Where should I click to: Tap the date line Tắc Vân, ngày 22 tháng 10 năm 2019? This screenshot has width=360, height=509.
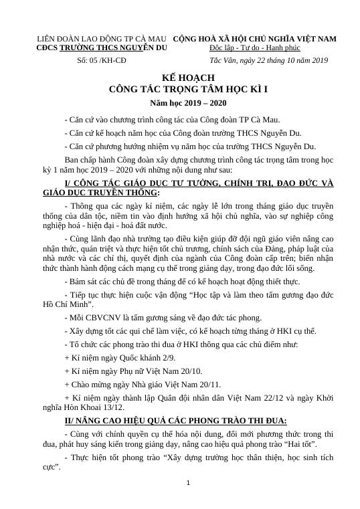tap(268, 60)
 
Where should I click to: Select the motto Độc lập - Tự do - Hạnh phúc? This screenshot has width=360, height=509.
tap(254, 48)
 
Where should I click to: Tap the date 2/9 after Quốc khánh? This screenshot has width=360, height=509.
tap(175, 358)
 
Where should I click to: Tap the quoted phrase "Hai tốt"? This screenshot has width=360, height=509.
tap(301, 444)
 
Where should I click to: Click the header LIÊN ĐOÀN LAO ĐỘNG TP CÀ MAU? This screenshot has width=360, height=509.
tap(101, 38)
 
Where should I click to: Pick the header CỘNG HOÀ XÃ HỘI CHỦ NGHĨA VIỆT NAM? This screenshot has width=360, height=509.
tap(254, 38)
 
